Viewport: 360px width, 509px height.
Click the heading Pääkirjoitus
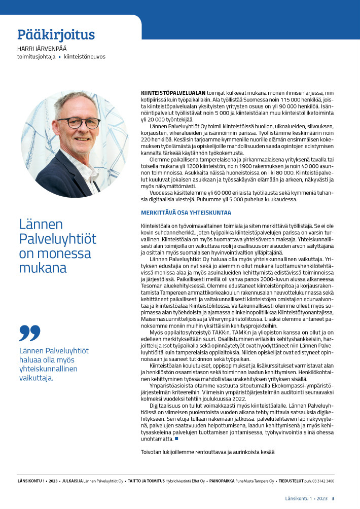(x=56, y=34)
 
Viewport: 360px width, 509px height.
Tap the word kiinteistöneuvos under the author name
(x=85, y=57)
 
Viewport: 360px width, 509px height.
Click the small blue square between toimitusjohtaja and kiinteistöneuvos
(x=59, y=57)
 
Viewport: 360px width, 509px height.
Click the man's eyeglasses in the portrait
(x=78, y=122)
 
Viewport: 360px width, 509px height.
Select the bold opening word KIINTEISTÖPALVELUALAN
(x=173, y=93)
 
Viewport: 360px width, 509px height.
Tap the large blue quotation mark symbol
(x=29, y=333)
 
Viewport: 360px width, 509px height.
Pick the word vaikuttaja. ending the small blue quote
(x=36, y=378)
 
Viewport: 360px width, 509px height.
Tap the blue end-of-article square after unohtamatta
(x=176, y=439)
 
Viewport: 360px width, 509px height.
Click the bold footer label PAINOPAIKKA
(x=222, y=481)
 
